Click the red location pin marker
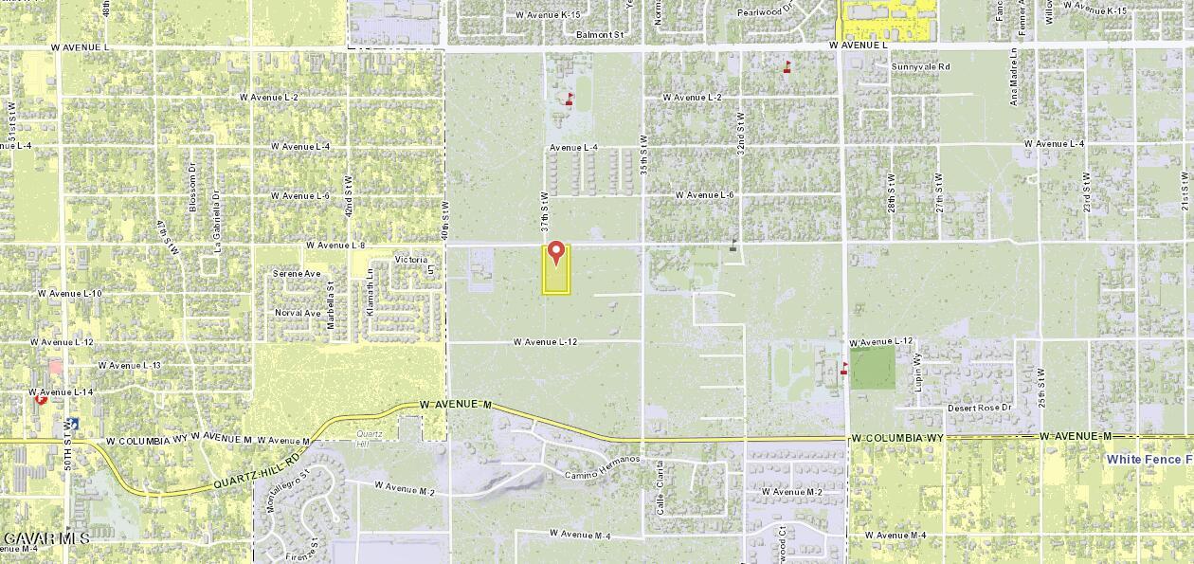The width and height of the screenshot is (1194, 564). click(x=556, y=253)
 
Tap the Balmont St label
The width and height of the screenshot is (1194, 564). click(x=601, y=35)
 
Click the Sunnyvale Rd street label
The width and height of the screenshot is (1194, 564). click(x=920, y=67)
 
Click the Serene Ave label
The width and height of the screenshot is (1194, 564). click(x=297, y=273)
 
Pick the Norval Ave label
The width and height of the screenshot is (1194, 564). click(x=298, y=313)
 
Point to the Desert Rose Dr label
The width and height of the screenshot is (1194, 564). click(x=980, y=408)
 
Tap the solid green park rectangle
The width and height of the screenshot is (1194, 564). click(x=872, y=368)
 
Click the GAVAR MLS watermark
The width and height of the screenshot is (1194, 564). click(x=45, y=538)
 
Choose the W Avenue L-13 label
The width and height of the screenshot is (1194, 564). click(x=130, y=365)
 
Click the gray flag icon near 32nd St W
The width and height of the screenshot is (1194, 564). click(x=733, y=244)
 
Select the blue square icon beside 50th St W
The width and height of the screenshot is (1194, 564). click(x=73, y=424)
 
